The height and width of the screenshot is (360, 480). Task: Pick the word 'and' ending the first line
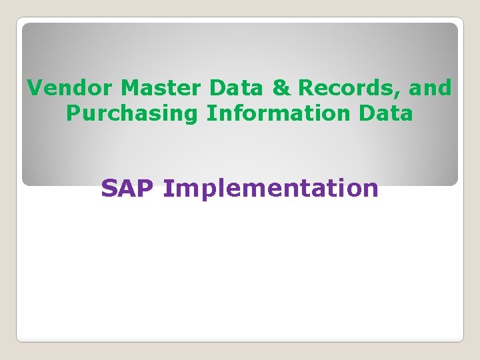tap(430, 87)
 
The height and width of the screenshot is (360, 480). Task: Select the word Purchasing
tap(132, 113)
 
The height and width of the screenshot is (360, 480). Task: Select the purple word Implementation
tap(271, 189)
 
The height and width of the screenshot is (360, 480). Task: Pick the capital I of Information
tap(210, 113)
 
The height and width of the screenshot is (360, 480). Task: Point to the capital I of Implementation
tap(167, 189)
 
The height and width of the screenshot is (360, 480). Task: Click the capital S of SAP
tap(109, 189)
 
